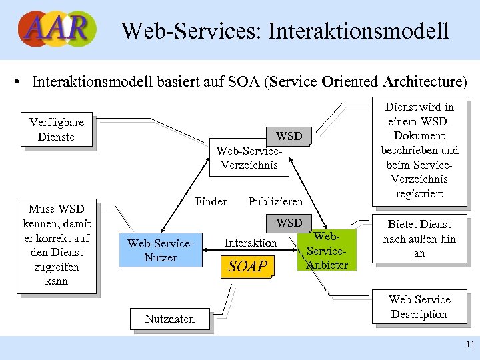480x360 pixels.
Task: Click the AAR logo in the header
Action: point(57,29)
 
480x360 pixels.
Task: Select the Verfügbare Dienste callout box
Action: point(57,130)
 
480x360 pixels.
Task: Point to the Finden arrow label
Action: point(211,201)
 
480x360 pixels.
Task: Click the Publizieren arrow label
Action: point(275,201)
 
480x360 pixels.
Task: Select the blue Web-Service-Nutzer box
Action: point(160,250)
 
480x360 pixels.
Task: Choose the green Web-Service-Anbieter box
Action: point(327,251)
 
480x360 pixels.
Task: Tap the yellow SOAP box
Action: point(248,267)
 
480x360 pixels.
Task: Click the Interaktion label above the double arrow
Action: point(251,243)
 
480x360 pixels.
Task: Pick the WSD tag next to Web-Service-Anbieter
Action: point(289,223)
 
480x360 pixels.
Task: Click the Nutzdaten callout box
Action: point(170,319)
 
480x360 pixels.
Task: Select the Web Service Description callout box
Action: point(419,307)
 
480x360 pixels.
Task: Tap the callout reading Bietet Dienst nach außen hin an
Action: point(419,239)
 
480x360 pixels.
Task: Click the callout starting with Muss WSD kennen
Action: point(57,245)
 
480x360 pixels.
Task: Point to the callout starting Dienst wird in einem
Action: point(419,150)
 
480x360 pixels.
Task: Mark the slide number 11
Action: point(471,345)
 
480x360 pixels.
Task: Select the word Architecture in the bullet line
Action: point(425,82)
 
